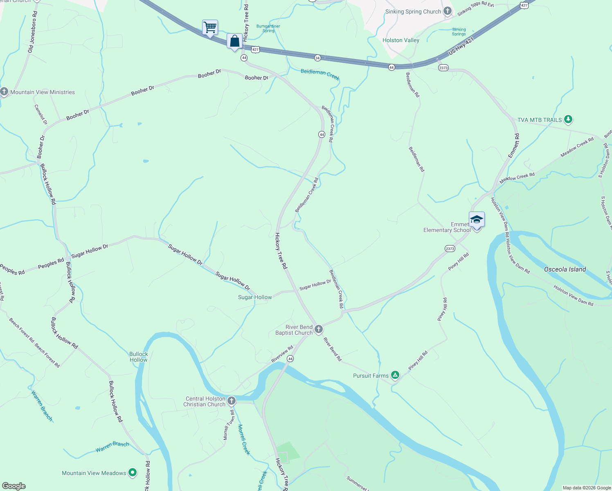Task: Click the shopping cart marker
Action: click(x=210, y=28)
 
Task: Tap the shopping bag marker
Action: click(x=234, y=41)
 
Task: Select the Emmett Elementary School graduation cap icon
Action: click(x=477, y=220)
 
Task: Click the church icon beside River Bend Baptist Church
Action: click(x=319, y=329)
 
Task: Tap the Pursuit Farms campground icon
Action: click(x=395, y=375)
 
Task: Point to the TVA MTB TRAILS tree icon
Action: click(x=568, y=119)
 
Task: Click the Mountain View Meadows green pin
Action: click(x=133, y=473)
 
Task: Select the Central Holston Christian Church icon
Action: click(x=232, y=401)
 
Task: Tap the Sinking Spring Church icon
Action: click(x=448, y=11)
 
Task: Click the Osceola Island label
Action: click(x=565, y=269)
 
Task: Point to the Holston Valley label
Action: click(x=400, y=40)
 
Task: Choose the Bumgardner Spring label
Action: click(x=268, y=28)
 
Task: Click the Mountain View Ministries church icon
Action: click(x=4, y=92)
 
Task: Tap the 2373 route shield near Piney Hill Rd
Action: click(x=450, y=248)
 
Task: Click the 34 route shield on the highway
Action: click(x=317, y=58)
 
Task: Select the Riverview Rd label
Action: click(x=282, y=354)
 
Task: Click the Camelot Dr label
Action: click(x=41, y=115)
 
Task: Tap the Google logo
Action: click(x=14, y=486)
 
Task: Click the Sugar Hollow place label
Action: click(x=255, y=297)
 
